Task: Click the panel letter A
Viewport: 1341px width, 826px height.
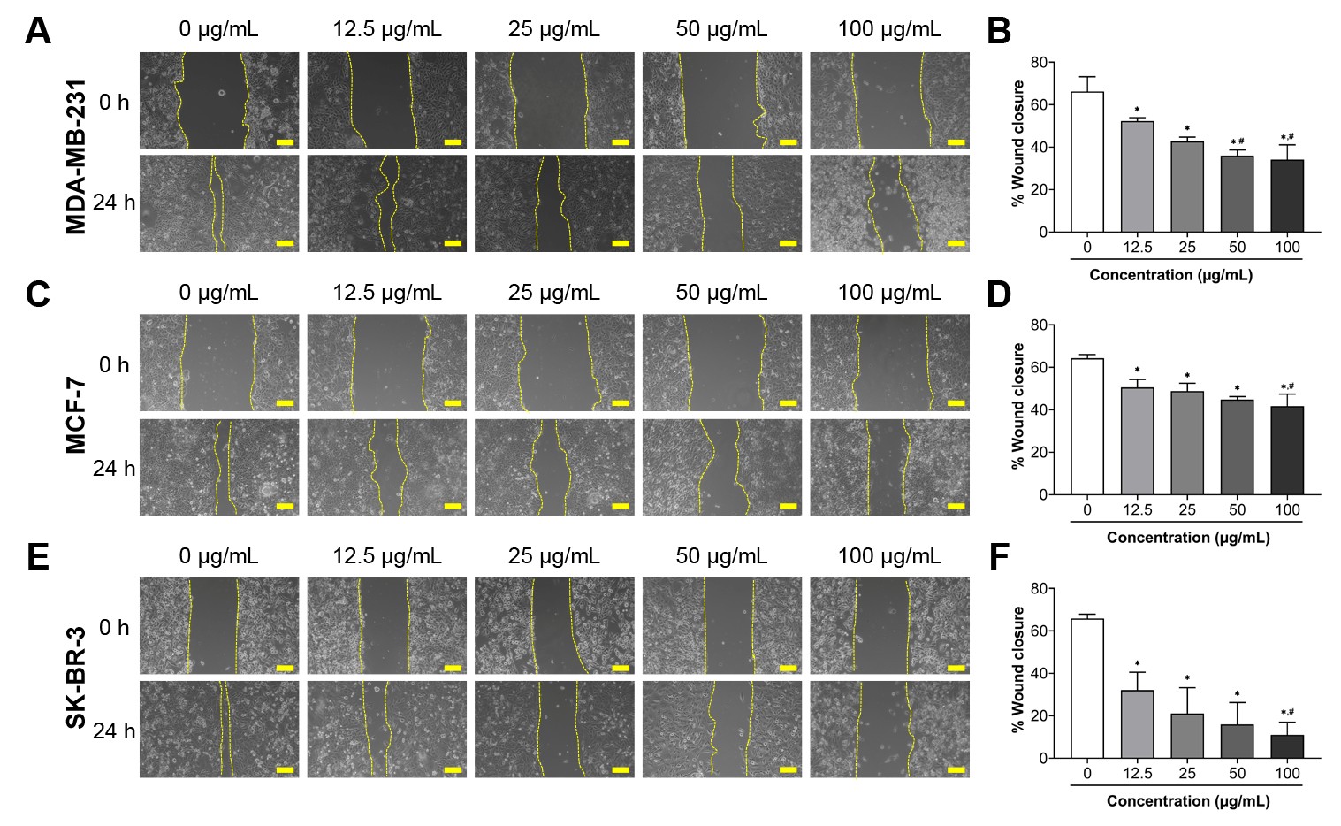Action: (38, 32)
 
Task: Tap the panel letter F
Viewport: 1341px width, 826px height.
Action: (998, 557)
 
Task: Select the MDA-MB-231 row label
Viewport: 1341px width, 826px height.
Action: (77, 157)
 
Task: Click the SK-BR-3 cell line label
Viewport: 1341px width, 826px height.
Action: (77, 677)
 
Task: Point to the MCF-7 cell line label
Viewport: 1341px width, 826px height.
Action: (77, 415)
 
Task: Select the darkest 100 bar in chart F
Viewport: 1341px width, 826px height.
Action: (1287, 746)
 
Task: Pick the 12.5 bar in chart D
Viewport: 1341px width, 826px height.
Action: (1138, 441)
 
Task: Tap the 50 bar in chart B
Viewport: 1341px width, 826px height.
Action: (1237, 194)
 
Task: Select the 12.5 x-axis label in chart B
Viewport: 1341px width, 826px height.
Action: (1138, 248)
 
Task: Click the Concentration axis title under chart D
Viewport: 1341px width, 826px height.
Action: (1187, 538)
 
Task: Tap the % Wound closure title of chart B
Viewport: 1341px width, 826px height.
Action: (1018, 144)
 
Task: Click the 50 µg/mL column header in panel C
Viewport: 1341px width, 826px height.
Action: (721, 293)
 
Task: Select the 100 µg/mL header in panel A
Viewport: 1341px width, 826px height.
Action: (889, 29)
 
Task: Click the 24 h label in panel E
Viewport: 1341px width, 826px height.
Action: (114, 730)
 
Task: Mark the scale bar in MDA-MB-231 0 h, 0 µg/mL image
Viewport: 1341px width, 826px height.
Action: (285, 141)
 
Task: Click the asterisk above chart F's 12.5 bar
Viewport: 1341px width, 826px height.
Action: (1138, 664)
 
